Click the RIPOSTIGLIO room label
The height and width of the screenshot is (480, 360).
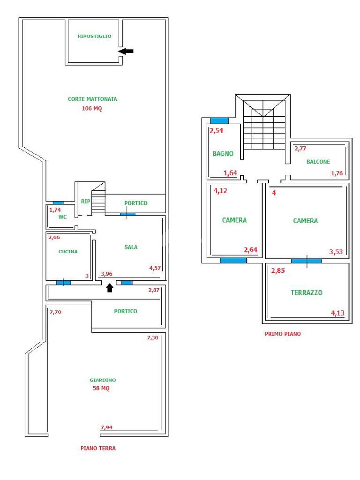point(94,36)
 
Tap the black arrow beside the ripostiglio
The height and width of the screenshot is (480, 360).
point(126,51)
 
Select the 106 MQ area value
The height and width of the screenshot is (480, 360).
point(92,108)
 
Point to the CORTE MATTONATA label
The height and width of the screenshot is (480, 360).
point(92,99)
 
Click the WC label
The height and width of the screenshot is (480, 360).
point(62,217)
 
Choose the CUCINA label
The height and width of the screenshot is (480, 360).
point(68,251)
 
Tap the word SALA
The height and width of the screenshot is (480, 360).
point(131,247)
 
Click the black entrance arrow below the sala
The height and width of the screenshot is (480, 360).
point(110,288)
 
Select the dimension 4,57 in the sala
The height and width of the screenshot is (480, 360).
point(155,268)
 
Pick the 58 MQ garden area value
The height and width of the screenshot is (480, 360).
point(101,388)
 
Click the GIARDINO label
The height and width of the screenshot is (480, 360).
point(103,380)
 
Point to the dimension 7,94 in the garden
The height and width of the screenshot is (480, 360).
point(106,427)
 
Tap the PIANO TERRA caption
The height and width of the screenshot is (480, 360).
point(98,448)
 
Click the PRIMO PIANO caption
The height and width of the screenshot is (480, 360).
point(283,334)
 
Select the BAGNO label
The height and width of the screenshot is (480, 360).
point(223,154)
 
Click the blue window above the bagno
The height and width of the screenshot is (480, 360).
point(219,121)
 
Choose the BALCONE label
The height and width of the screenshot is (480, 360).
point(318,162)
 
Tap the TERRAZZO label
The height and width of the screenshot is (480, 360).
point(307,292)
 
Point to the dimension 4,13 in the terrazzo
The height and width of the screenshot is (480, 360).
point(337,313)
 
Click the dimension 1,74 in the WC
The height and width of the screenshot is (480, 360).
point(55,210)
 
